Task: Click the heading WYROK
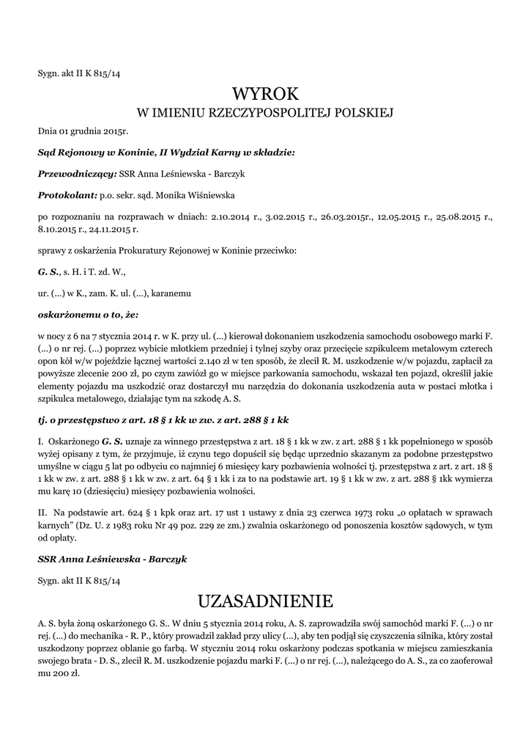tap(265, 94)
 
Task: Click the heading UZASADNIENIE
tap(265, 603)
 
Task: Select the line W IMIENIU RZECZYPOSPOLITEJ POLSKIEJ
tap(265, 114)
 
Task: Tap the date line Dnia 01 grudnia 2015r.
tap(83, 131)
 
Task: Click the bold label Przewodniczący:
tap(77, 174)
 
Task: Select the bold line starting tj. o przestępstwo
tap(163, 421)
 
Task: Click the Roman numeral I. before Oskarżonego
tap(42, 443)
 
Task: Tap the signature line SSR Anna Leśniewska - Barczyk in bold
tap(112, 559)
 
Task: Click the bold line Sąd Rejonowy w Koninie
tap(166, 153)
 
